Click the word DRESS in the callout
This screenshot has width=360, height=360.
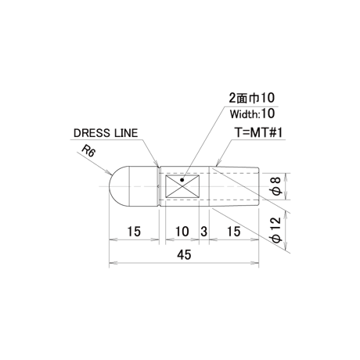click(92, 133)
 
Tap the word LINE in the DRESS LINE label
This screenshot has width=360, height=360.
click(126, 133)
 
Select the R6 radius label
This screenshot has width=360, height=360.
click(88, 151)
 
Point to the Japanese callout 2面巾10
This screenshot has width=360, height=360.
click(252, 98)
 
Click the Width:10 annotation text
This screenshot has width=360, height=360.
click(252, 113)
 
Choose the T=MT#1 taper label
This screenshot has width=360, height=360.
click(259, 133)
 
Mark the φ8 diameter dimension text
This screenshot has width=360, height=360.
click(276, 185)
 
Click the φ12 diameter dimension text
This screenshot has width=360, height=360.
click(276, 230)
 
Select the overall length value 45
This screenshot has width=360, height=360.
click(184, 254)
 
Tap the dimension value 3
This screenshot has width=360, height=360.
click(203, 232)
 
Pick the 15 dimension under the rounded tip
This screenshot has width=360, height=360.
click(134, 232)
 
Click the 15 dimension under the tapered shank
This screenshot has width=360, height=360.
click(233, 232)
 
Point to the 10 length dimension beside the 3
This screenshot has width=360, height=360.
click(182, 232)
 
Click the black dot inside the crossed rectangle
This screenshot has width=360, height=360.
click(182, 180)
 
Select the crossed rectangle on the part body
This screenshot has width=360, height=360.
click(182, 186)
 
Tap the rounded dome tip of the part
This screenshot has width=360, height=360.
click(119, 186)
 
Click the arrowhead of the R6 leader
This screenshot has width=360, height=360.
click(110, 173)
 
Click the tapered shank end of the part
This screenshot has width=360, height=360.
click(234, 186)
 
